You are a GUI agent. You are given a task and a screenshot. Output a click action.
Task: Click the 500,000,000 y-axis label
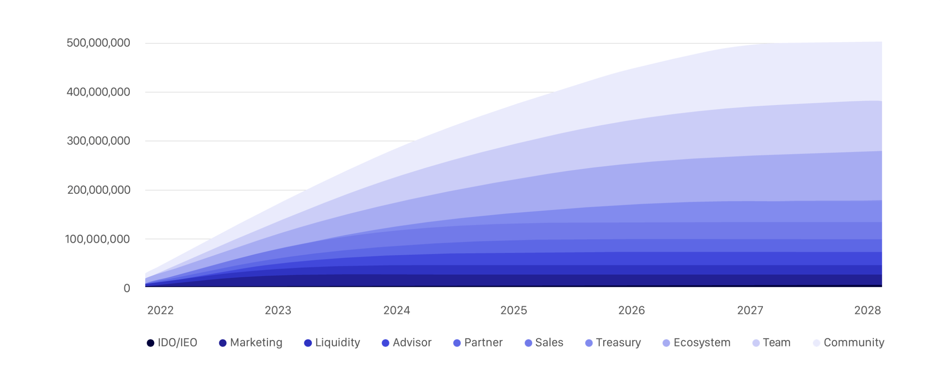pos(98,43)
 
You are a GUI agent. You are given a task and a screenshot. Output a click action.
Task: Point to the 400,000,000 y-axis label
pos(98,92)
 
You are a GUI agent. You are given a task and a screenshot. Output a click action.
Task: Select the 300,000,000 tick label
pos(98,140)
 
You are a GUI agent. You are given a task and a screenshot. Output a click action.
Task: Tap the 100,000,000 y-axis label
pos(97,239)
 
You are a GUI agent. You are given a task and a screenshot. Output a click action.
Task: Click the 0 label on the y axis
pos(127,288)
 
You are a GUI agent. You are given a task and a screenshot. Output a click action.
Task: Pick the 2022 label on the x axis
pos(160,310)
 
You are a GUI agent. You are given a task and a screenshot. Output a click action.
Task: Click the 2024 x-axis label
pos(397,310)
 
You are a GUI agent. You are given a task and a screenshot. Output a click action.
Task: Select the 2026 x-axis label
pos(632,310)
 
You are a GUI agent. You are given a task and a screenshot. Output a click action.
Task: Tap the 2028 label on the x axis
pos(867,310)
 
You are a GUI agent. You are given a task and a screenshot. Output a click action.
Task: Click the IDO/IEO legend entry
pos(172,343)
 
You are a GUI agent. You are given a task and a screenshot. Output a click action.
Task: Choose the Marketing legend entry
pos(251,343)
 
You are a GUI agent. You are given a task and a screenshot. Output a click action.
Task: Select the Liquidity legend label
pos(332,343)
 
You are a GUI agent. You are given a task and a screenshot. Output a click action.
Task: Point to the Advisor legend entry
pos(407,343)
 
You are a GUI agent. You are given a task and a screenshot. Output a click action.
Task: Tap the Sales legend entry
pos(544,343)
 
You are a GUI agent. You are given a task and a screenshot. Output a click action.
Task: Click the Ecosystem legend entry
pos(697,343)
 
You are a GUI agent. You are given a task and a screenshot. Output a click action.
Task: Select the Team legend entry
pos(772,343)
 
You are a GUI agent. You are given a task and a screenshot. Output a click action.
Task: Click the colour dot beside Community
pos(817,343)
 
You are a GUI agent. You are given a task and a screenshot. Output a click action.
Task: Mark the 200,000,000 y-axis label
pos(98,190)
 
